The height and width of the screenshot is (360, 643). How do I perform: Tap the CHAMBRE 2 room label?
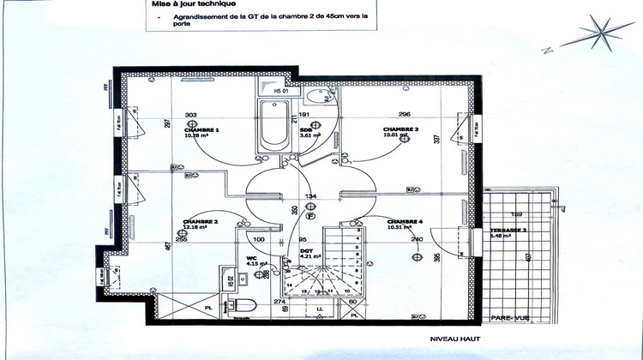pyautogui.click(x=199, y=222)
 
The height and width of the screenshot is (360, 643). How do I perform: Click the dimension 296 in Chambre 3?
pyautogui.click(x=405, y=114)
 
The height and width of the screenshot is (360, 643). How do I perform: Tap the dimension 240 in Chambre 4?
pyautogui.click(x=418, y=239)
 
